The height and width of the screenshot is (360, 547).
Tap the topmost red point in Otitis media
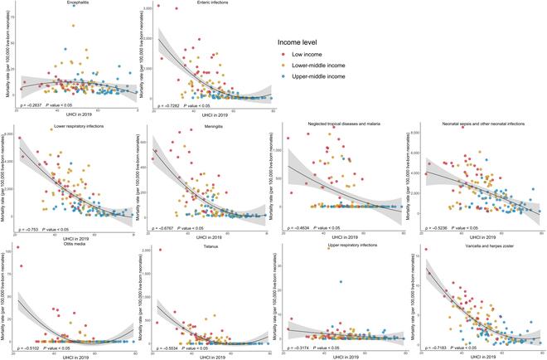17,248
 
